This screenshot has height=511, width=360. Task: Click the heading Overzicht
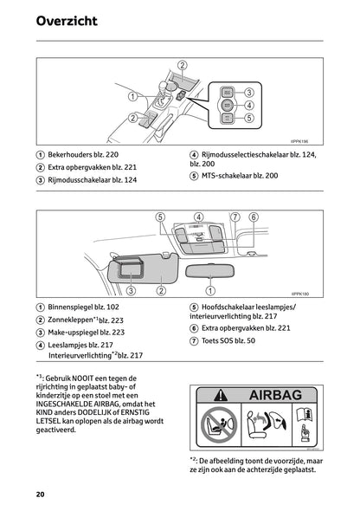(67, 20)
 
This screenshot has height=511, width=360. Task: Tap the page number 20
(41, 494)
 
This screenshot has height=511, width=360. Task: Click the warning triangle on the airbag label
(210, 394)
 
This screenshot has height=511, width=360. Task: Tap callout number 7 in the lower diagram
(235, 217)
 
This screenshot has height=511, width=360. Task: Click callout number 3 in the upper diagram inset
(248, 92)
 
